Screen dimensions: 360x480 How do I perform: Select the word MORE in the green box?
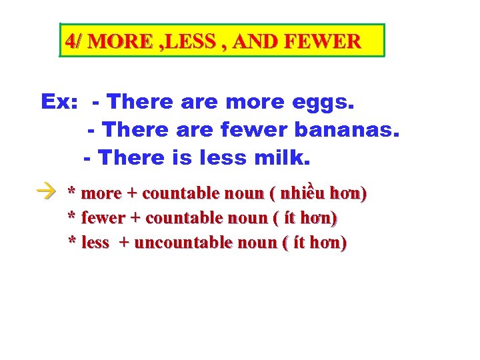point(119,42)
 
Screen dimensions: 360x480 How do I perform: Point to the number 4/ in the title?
point(74,42)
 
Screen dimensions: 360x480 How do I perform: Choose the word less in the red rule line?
point(95,243)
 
